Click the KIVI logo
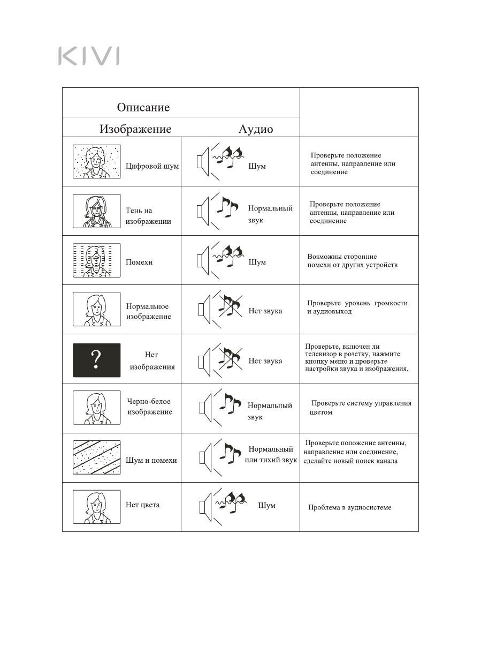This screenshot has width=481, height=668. (x=89, y=56)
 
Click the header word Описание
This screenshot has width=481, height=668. (x=143, y=107)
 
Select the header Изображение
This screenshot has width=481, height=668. (x=135, y=129)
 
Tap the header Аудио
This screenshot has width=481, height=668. (x=255, y=129)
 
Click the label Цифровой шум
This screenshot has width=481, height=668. (x=152, y=166)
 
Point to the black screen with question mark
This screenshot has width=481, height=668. (x=96, y=360)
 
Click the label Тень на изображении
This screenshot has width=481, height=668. (x=148, y=216)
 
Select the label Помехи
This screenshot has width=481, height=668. (x=139, y=262)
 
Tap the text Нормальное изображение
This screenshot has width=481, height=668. (x=148, y=311)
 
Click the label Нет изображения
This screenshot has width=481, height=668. (x=152, y=361)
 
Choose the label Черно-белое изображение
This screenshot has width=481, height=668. (x=149, y=407)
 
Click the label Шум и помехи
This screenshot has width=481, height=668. (x=151, y=460)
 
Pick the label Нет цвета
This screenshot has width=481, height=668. (x=142, y=505)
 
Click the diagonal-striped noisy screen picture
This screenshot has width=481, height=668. (x=96, y=457)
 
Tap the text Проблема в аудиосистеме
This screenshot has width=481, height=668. (x=349, y=507)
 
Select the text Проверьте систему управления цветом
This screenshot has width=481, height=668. (x=360, y=408)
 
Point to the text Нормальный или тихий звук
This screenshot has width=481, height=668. (x=271, y=455)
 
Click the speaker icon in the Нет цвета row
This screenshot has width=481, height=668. (x=204, y=507)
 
